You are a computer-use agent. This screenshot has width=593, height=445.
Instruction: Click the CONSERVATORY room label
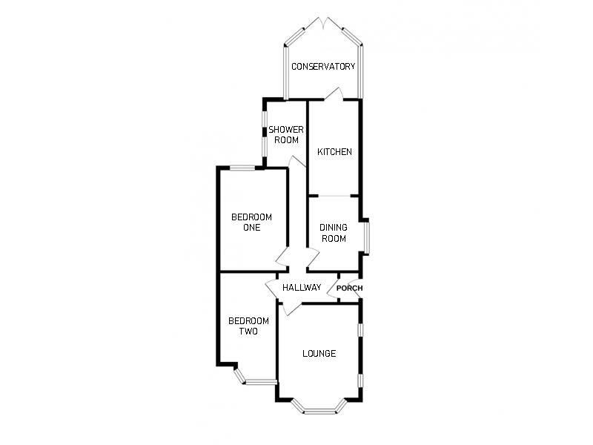323,67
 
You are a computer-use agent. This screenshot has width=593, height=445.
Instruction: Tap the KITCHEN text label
334,152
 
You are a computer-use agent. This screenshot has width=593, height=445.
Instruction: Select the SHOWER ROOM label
286,134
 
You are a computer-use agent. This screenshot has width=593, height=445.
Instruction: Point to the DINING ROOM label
334,233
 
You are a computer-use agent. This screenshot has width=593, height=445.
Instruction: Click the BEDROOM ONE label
251,222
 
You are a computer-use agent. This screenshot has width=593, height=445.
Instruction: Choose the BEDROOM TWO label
248,326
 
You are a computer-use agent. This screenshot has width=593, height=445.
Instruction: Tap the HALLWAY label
302,288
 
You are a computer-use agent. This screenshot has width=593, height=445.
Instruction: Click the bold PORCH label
349,289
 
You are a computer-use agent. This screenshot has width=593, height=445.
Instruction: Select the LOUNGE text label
319,354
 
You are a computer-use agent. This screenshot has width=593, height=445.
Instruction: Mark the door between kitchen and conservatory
333,95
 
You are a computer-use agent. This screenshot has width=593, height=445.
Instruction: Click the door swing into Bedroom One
282,259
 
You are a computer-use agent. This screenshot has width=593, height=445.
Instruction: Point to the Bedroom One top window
241,168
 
